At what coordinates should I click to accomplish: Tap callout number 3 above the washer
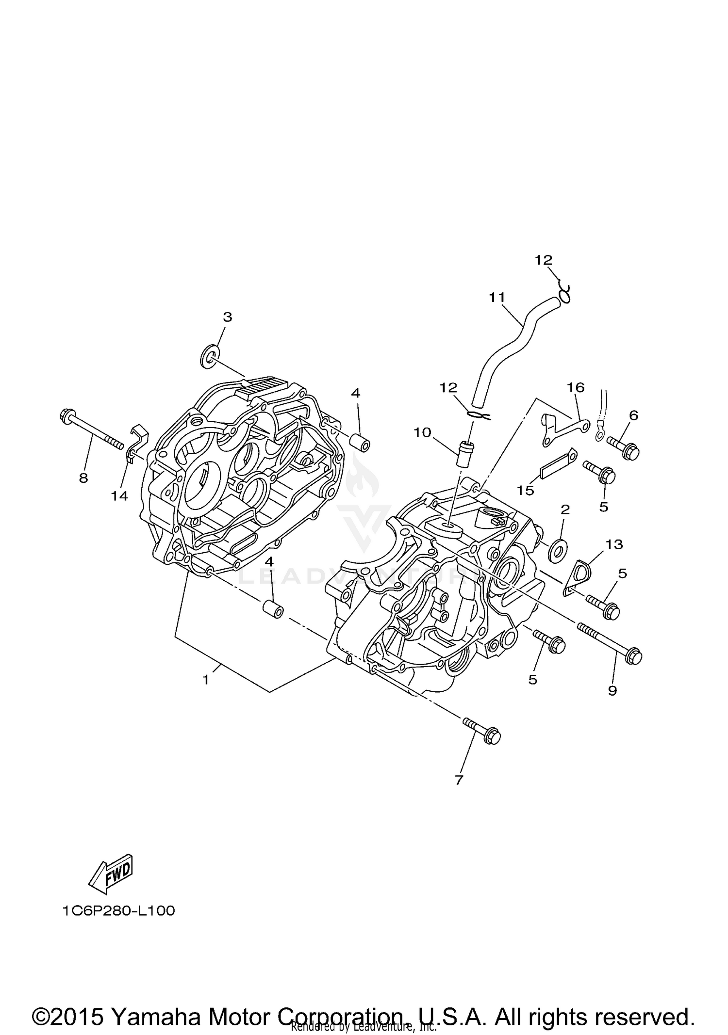[x=227, y=317]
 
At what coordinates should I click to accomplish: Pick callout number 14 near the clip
[x=119, y=495]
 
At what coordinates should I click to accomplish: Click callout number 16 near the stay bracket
[x=576, y=387]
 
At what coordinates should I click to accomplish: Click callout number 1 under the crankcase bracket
[x=206, y=680]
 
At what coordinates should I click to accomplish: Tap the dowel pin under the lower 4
[x=273, y=609]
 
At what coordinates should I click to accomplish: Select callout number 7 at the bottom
[x=459, y=780]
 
